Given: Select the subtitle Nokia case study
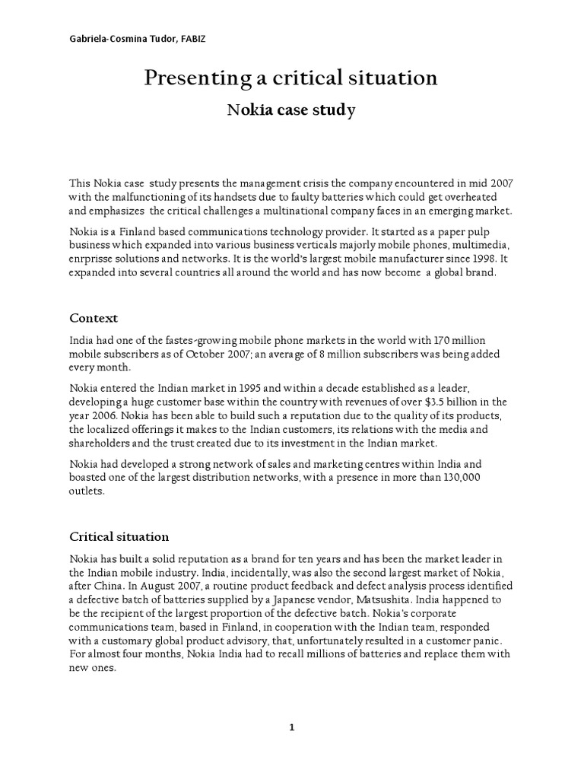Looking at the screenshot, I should pyautogui.click(x=292, y=110).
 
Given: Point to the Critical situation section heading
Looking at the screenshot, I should pyautogui.click(x=119, y=536).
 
